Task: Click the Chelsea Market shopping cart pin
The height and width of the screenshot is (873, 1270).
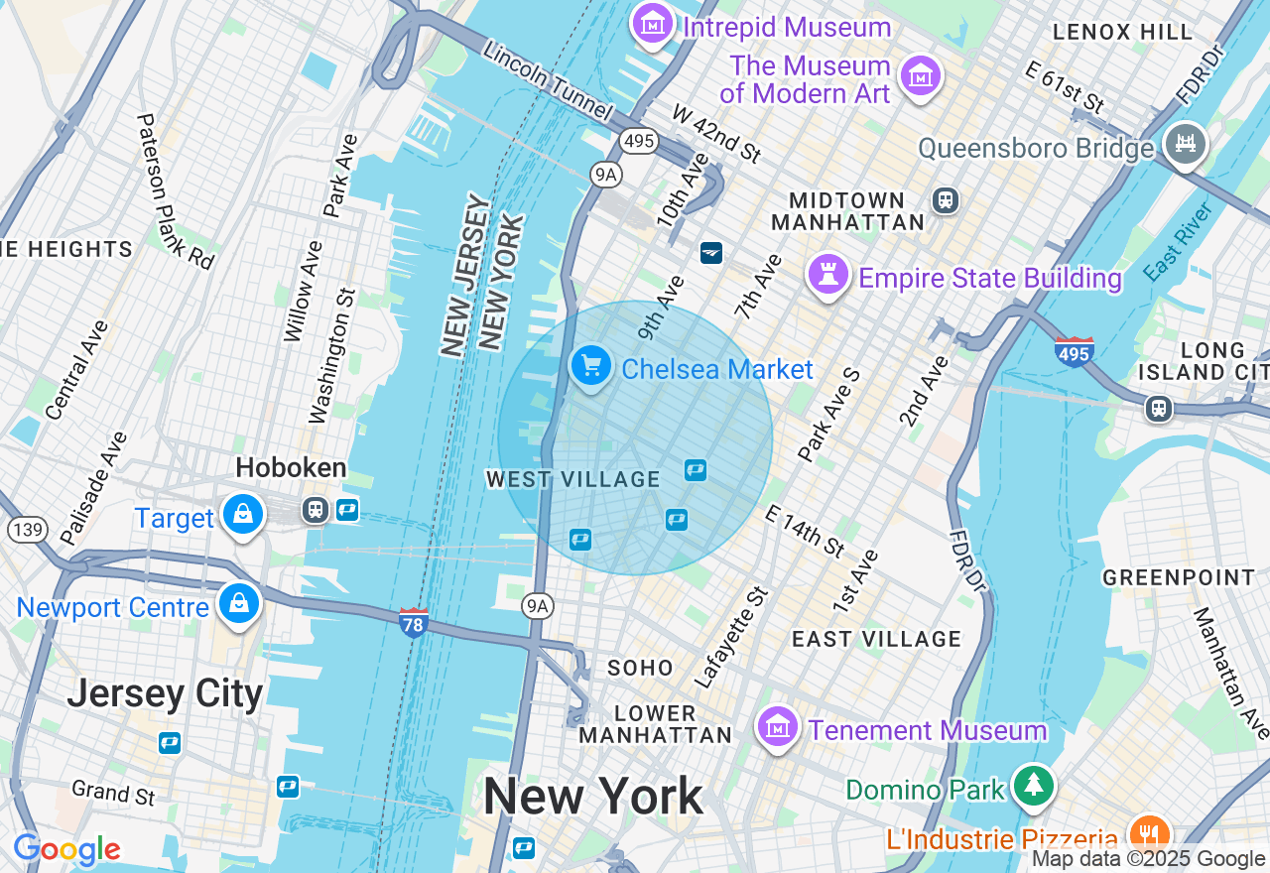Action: (591, 366)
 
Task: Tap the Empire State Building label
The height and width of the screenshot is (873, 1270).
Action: (989, 278)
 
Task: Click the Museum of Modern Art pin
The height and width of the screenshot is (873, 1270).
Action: (921, 76)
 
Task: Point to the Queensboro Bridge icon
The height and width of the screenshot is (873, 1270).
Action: (1185, 143)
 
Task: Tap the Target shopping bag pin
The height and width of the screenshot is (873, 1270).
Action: (242, 515)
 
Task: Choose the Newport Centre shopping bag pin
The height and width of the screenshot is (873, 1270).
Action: (240, 603)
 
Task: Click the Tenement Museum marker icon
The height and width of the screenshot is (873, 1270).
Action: (778, 728)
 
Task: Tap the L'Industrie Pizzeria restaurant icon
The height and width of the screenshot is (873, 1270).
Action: (1148, 834)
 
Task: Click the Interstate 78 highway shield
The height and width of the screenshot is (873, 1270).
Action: (414, 622)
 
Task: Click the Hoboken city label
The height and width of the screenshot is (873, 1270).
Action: (291, 468)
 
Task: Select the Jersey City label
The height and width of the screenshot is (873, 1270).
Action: (165, 693)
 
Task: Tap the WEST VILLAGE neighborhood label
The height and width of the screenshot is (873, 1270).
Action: (572, 480)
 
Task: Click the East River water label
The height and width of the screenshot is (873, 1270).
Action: (1179, 241)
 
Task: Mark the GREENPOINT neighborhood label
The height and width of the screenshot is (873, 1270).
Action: (1179, 577)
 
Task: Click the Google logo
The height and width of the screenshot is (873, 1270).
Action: (66, 849)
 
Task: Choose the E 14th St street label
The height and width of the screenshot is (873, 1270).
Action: (805, 530)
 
